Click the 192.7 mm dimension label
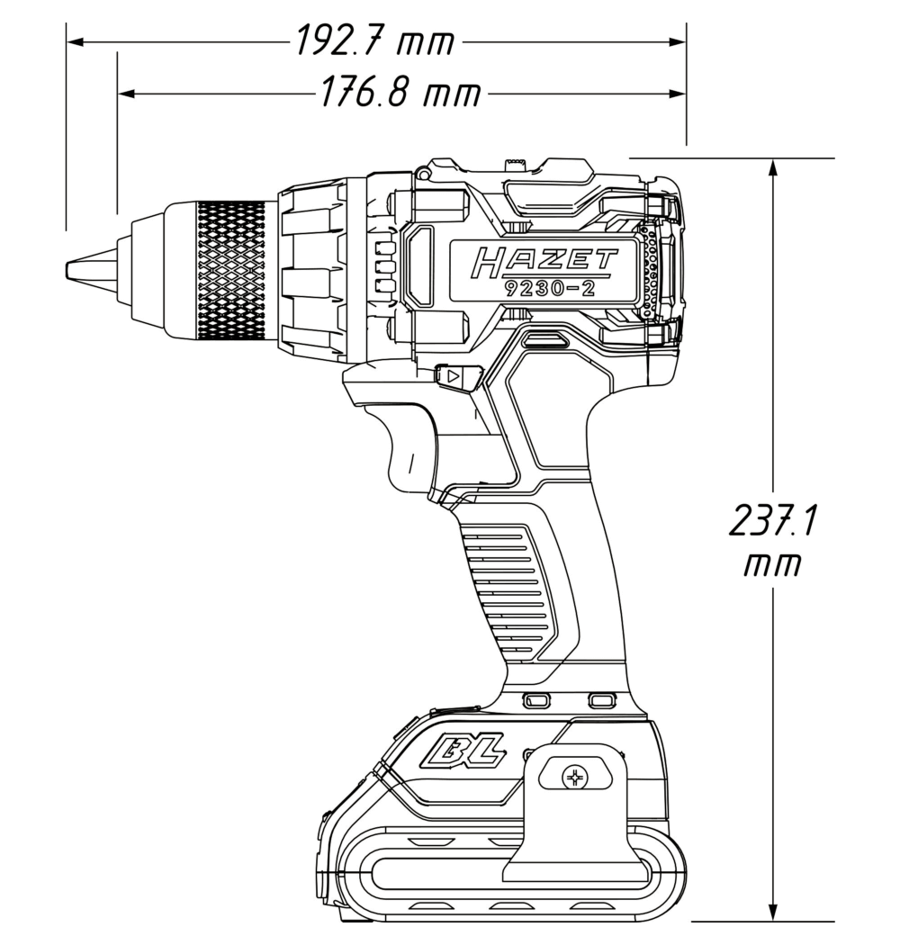tap(375, 41)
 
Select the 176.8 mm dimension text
tap(400, 93)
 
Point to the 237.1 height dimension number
tap(772, 521)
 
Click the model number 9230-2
tap(551, 288)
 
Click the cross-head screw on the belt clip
tap(575, 778)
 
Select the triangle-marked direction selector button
tap(457, 378)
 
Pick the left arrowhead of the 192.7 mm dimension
tap(74, 41)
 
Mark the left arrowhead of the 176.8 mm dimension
tap(125, 94)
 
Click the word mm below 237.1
tap(772, 565)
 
